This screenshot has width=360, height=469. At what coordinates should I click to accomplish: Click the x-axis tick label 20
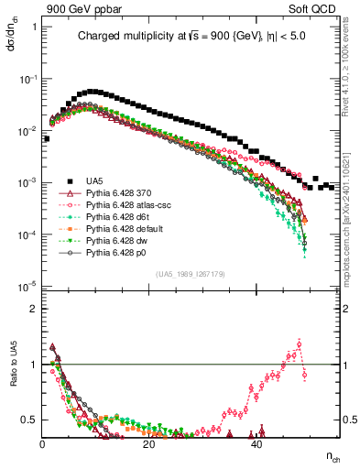click(x=150, y=444)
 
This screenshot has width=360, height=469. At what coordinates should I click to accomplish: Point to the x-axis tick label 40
click(x=257, y=444)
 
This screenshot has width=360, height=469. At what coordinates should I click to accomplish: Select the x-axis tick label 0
click(x=43, y=444)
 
